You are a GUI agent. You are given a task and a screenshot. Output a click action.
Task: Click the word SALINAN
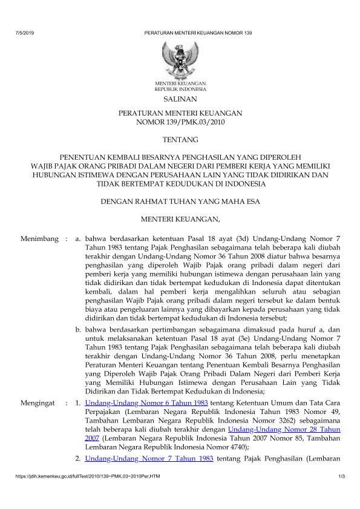(180, 99)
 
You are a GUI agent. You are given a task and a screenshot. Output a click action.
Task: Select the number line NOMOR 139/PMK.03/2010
(180, 122)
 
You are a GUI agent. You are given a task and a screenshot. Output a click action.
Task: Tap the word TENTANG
(180, 137)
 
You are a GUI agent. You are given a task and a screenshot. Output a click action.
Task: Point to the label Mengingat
(38, 402)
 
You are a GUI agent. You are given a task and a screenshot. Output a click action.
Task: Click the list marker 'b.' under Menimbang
(78, 329)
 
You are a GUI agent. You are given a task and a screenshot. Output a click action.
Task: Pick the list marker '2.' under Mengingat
(78, 459)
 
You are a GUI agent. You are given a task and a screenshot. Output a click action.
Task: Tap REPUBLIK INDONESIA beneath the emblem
(180, 88)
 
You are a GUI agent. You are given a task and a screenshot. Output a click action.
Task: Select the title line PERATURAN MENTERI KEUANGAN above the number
(180, 113)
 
